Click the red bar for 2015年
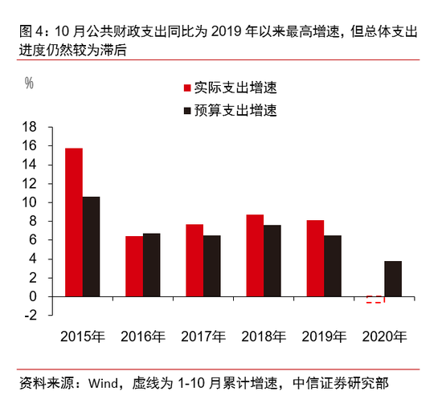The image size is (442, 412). [x=74, y=222]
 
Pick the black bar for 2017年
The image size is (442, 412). [x=212, y=266]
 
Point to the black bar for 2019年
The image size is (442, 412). [x=333, y=266]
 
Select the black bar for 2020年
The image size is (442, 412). [x=393, y=279]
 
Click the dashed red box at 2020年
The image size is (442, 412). [x=374, y=300]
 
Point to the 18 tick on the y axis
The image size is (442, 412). [x=30, y=127]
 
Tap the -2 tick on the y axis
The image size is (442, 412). [x=30, y=315]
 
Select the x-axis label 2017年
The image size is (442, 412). [x=203, y=337]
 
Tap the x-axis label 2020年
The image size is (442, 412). [x=384, y=337]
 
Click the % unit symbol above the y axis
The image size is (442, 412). [x=29, y=82]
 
